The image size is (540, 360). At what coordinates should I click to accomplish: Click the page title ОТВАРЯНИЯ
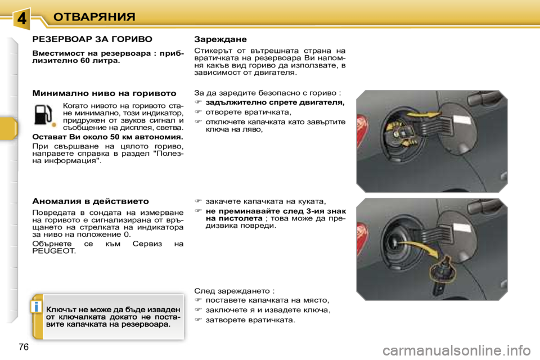click(94, 16)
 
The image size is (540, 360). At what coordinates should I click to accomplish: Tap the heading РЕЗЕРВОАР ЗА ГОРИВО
click(92, 39)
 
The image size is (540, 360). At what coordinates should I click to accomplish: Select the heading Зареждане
click(220, 39)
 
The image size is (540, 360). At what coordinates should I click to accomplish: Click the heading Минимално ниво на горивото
click(104, 92)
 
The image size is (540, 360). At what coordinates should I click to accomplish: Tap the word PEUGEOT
click(54, 251)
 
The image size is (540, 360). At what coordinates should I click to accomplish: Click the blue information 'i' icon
click(36, 307)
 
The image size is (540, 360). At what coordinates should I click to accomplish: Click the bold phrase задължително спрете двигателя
click(275, 103)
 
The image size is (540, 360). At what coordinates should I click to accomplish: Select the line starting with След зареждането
click(234, 291)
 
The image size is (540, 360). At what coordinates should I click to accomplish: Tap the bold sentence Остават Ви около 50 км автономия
click(107, 137)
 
